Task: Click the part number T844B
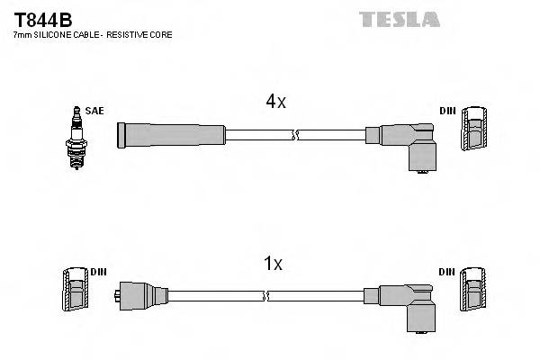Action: pos(42,19)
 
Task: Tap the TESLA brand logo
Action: pos(399,19)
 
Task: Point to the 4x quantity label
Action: pos(275,102)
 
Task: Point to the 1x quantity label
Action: pos(273,264)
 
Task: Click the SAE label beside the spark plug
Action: pos(95,111)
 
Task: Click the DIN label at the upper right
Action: pos(447,111)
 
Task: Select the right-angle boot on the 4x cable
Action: pos(409,144)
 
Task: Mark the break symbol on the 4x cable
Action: pos(294,135)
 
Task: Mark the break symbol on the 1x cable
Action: pos(266,295)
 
